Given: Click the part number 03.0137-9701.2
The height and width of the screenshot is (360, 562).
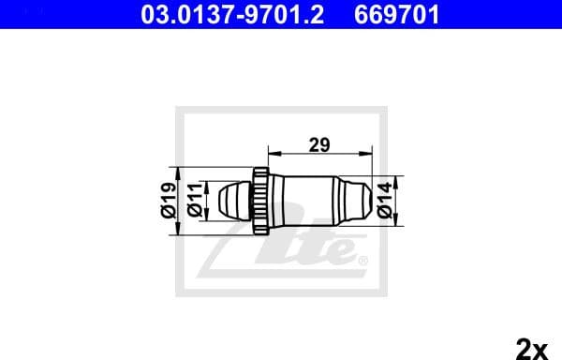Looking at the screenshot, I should [x=235, y=14].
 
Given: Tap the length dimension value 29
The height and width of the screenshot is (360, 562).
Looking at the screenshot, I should [x=319, y=144].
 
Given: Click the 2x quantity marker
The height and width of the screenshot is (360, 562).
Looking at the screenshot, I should [x=531, y=349].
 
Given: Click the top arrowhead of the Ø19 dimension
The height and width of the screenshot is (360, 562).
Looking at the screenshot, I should [x=179, y=172].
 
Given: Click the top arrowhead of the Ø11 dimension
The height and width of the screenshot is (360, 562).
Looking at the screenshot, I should [x=204, y=184].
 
